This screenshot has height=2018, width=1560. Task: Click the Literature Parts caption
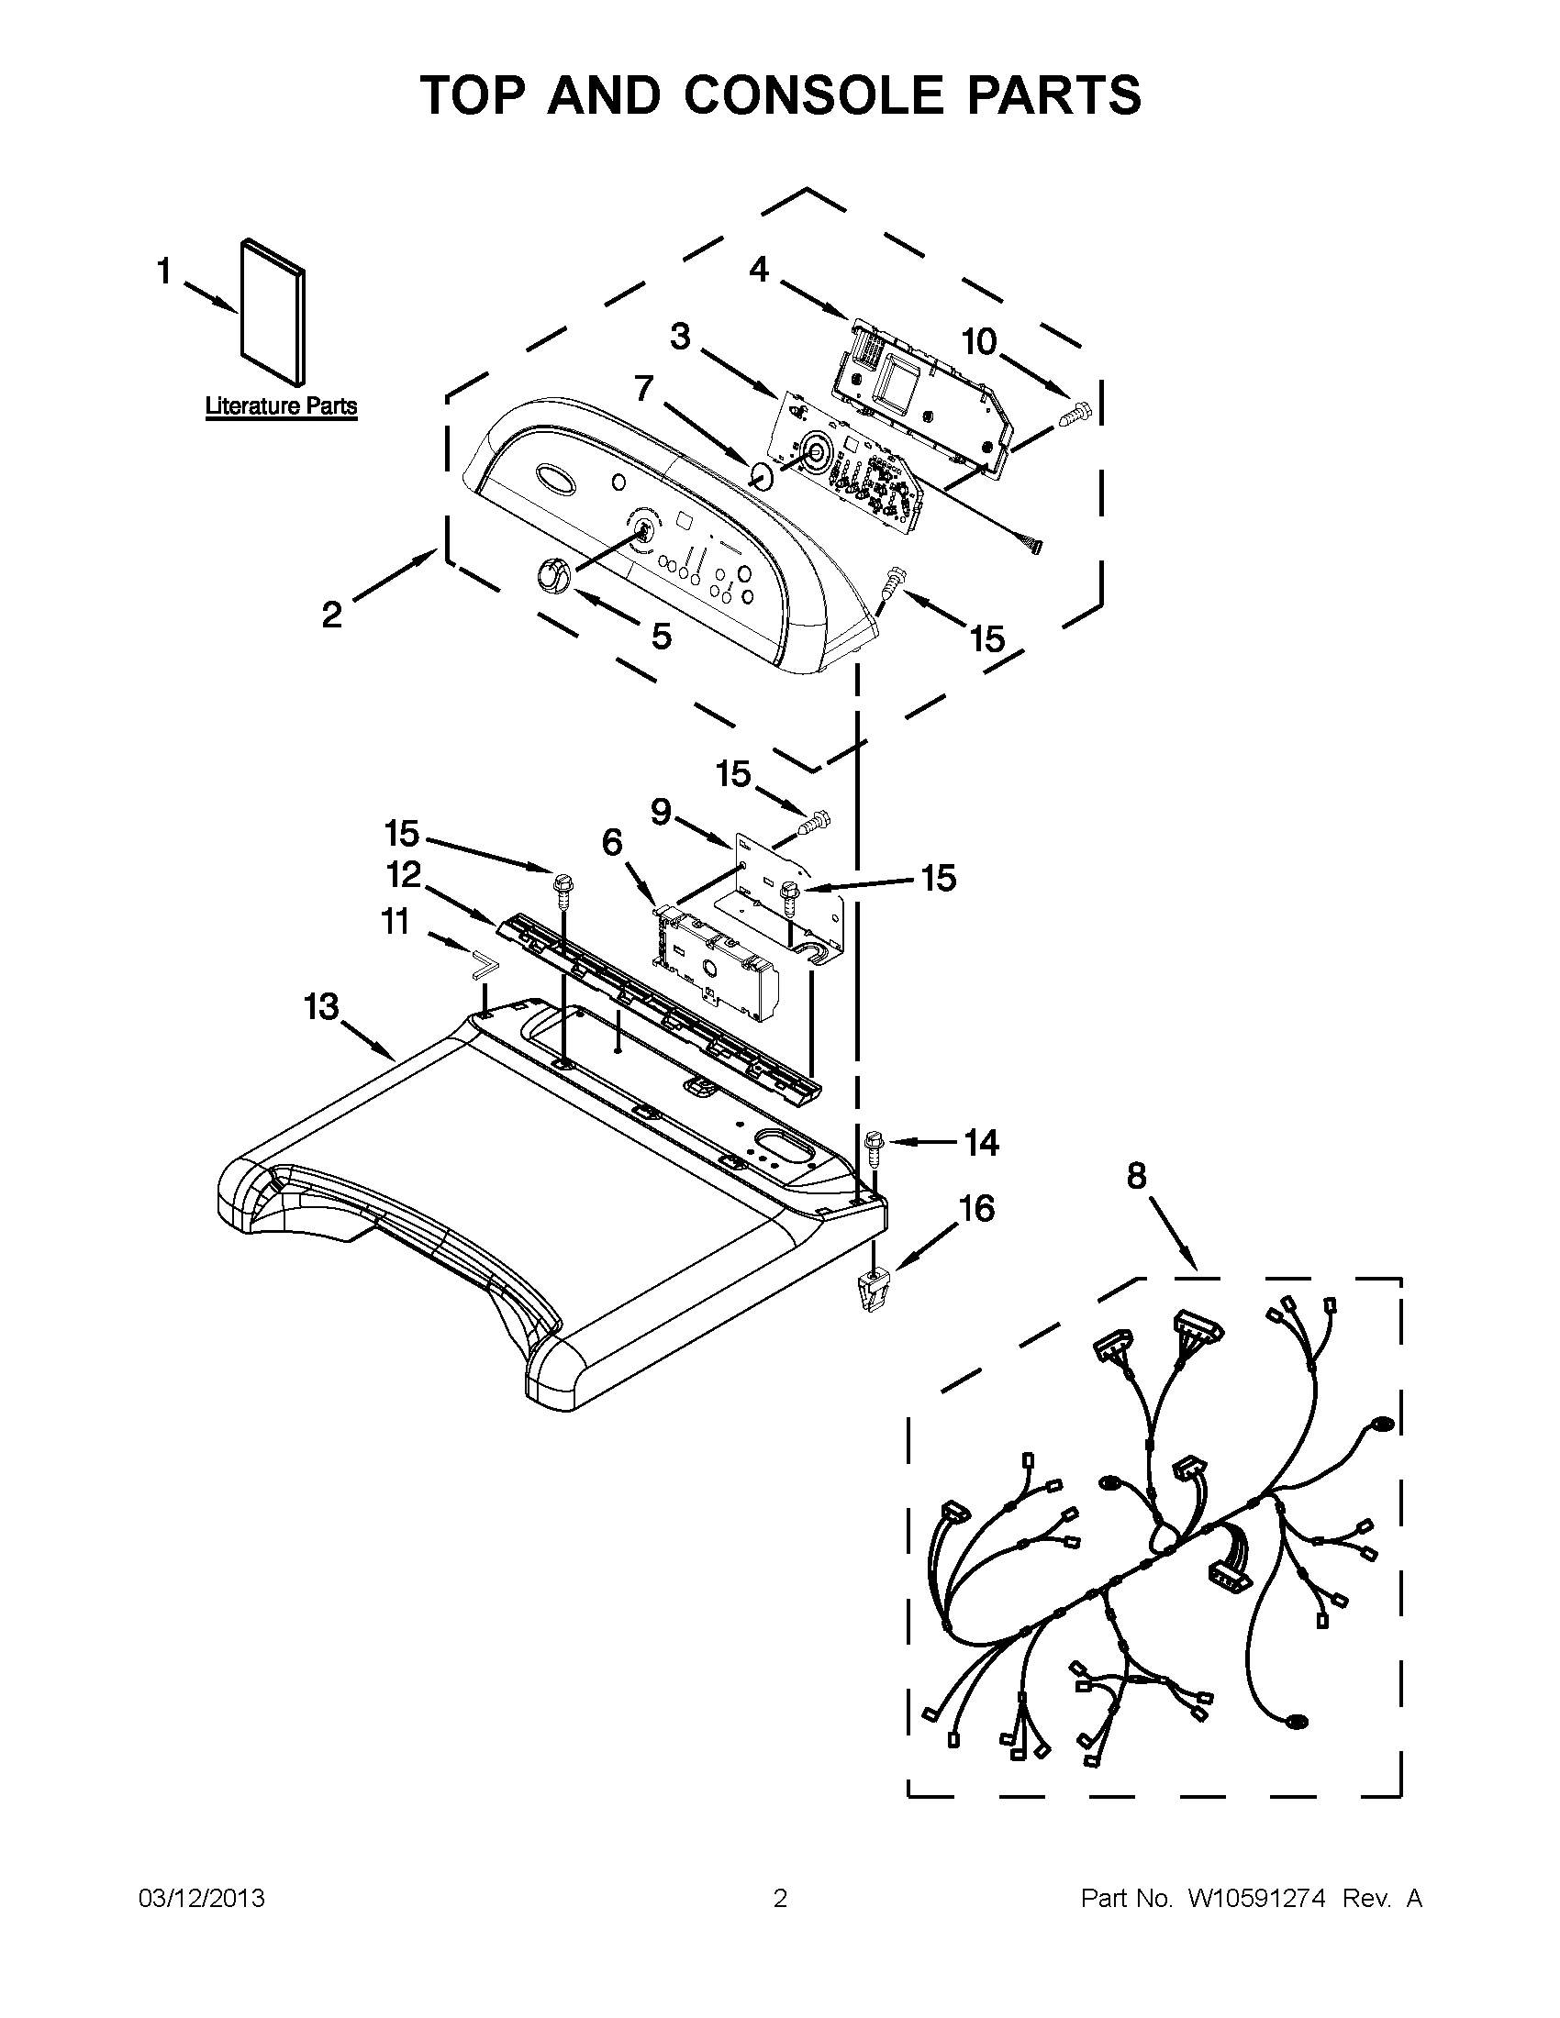(280, 405)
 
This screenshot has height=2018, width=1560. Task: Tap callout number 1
(163, 272)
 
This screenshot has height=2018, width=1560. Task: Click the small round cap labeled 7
(762, 477)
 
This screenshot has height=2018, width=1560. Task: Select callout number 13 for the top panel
(321, 1006)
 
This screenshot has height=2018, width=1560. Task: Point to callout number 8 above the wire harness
(1136, 1176)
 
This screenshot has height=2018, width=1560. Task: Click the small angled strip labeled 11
(482, 966)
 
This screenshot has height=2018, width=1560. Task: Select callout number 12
(404, 873)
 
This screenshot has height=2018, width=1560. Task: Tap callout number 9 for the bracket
(660, 811)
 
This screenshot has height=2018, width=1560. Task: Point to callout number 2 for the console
(332, 614)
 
